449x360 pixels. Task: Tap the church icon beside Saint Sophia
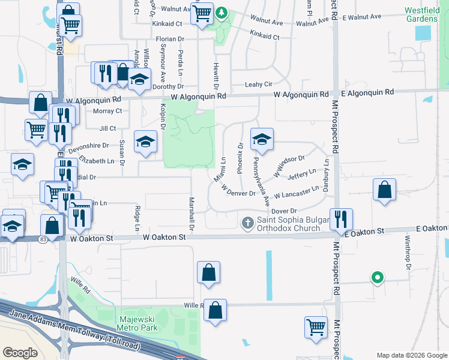(x=247, y=223)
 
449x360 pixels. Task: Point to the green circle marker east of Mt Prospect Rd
(x=377, y=277)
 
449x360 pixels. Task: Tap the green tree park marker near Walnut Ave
(x=222, y=13)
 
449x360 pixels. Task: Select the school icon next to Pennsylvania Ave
(x=262, y=139)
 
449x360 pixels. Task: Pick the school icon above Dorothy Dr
(x=139, y=81)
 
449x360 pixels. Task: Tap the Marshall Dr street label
(x=191, y=214)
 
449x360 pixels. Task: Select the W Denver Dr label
(x=239, y=190)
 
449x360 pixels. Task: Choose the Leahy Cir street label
(x=259, y=85)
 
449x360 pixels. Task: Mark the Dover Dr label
(x=285, y=211)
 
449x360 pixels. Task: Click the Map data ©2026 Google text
(x=411, y=355)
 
